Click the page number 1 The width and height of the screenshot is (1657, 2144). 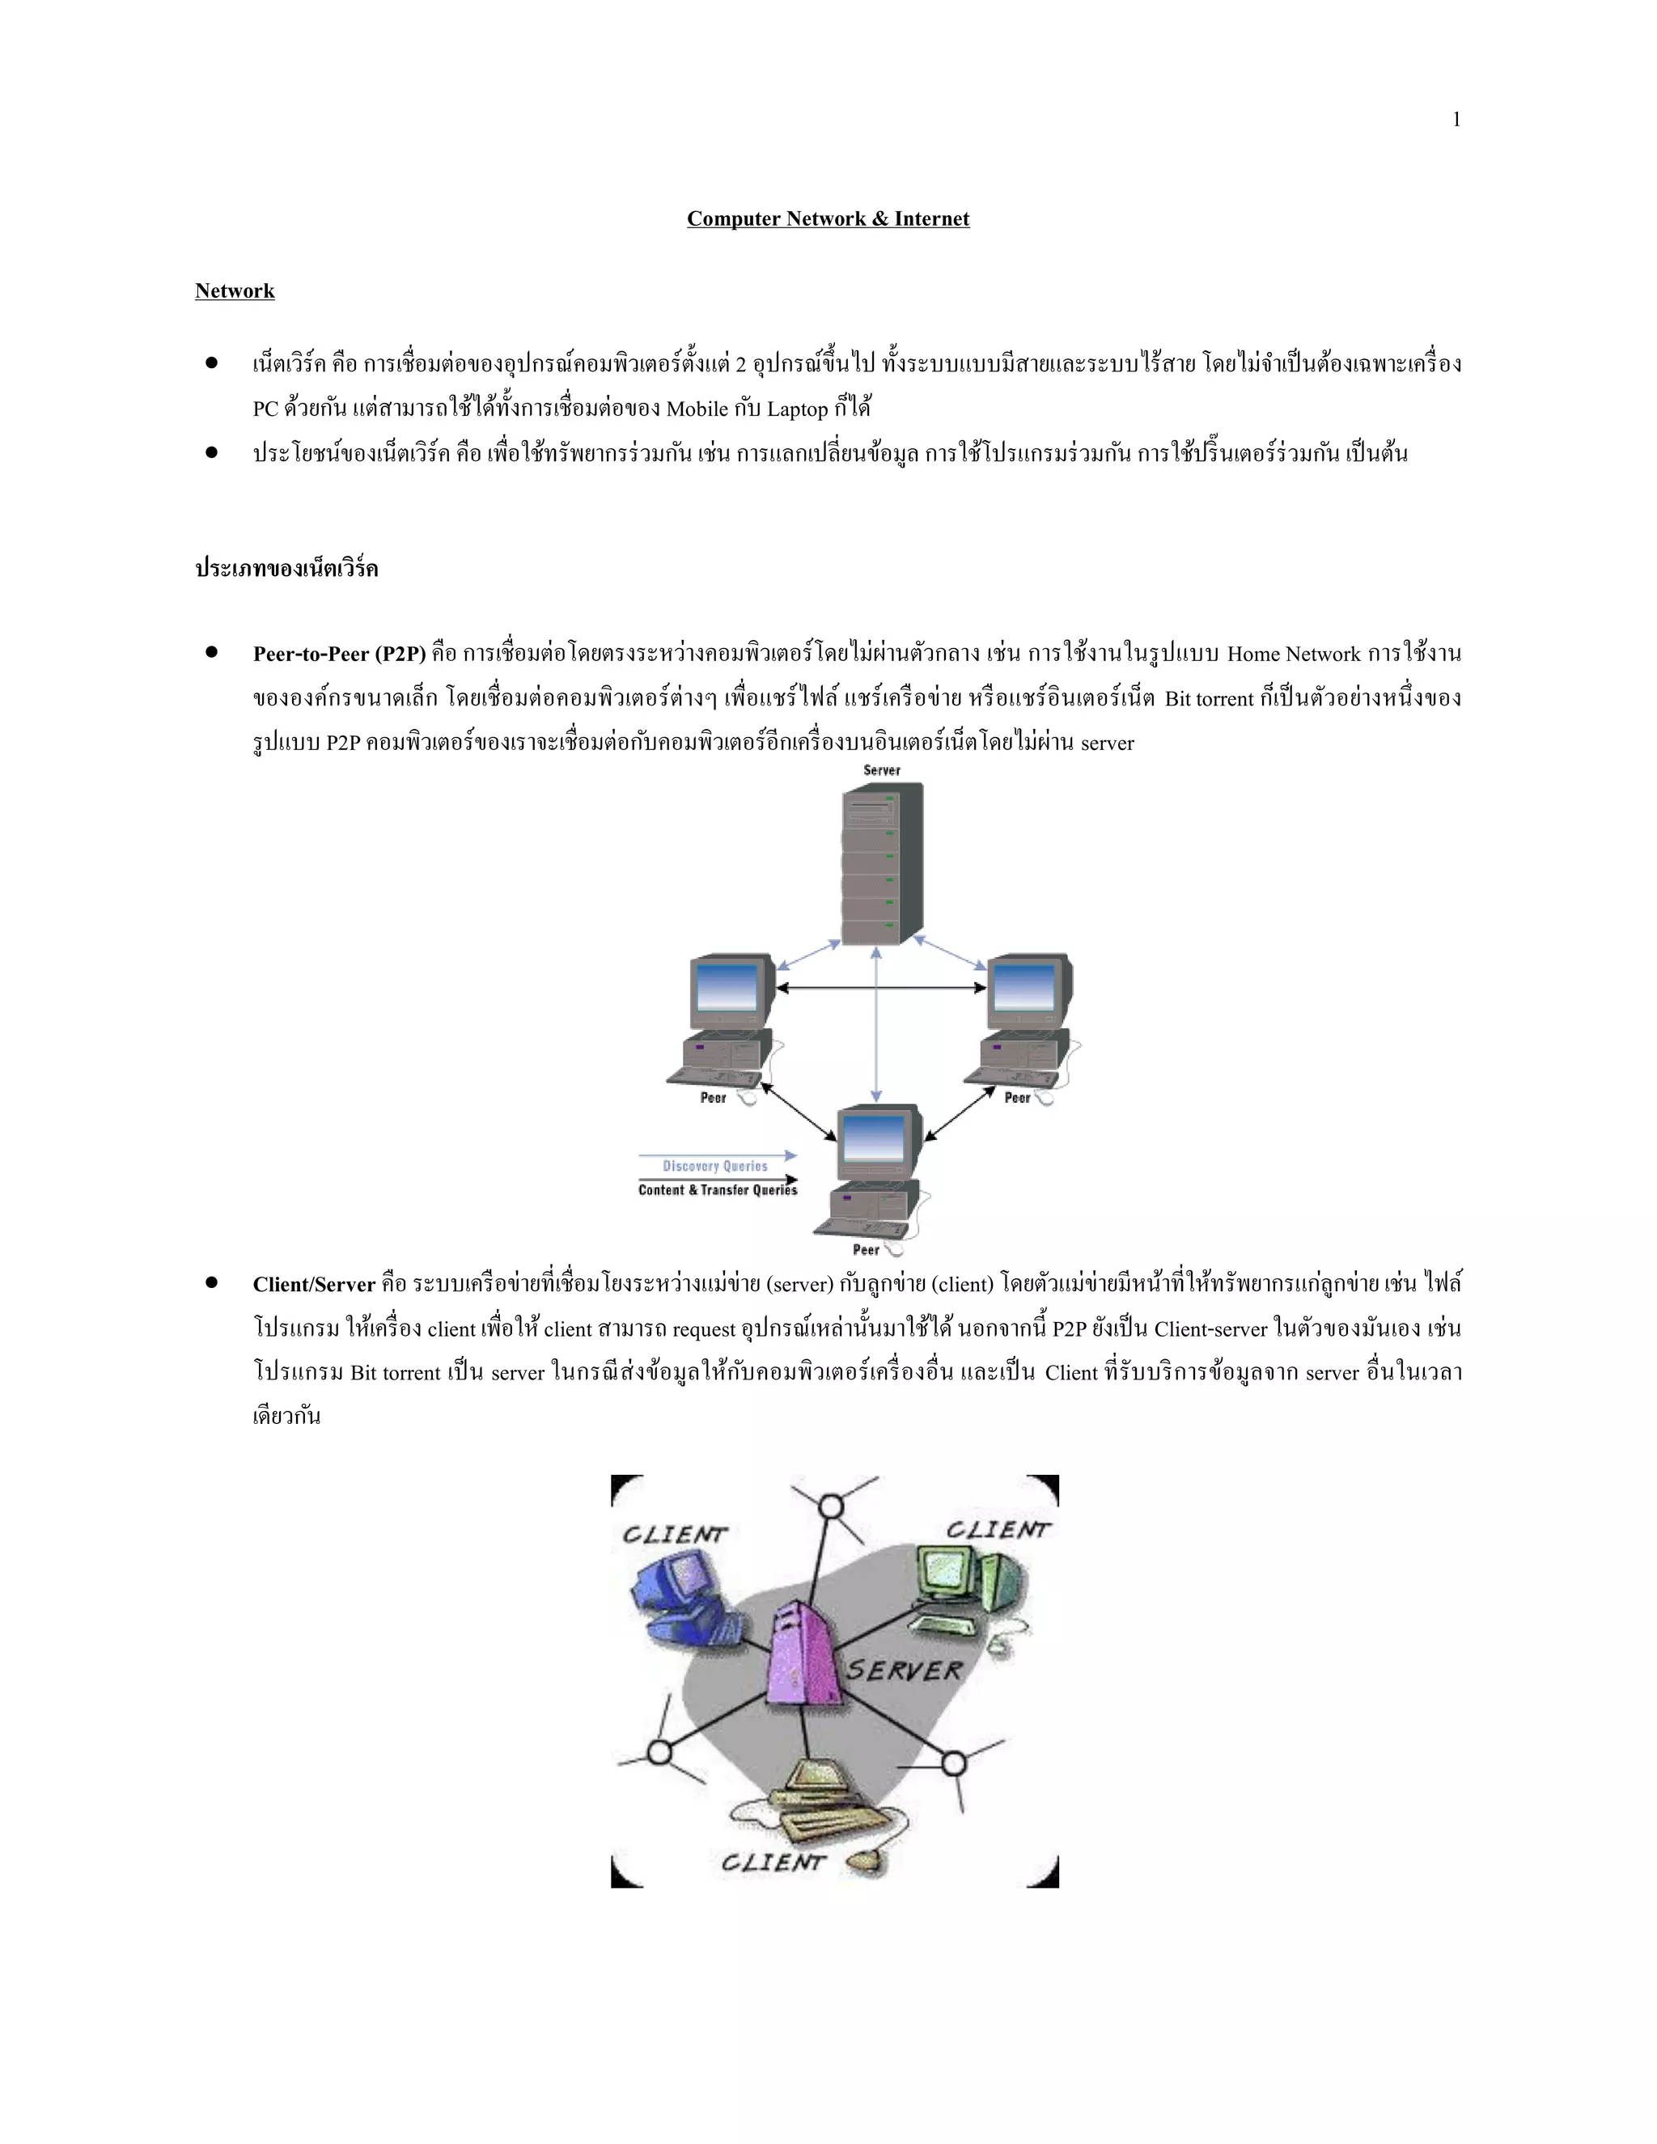1456,120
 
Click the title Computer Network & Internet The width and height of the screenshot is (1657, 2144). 828,219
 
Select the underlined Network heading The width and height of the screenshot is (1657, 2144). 235,290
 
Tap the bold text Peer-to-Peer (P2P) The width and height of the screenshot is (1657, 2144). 339,654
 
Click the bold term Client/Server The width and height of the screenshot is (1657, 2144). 314,1284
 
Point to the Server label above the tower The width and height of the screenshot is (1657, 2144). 882,770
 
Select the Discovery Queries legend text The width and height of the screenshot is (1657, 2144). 714,1166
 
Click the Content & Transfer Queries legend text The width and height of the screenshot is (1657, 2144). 718,1190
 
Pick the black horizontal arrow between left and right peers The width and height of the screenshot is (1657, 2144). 880,988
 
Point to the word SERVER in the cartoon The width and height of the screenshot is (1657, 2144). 904,1670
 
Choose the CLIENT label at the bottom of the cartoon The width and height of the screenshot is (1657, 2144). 773,1862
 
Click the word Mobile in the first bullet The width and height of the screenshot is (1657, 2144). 697,409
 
